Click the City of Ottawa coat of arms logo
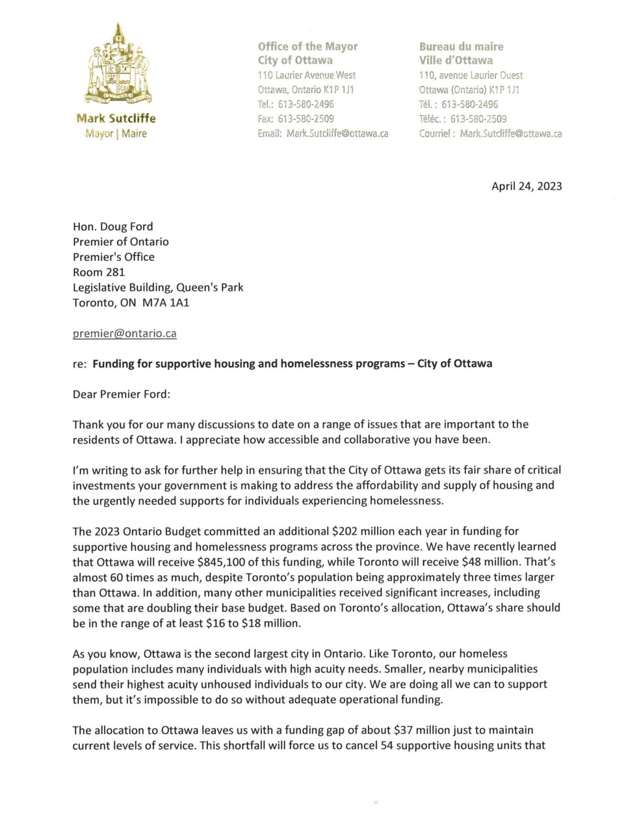click(x=118, y=65)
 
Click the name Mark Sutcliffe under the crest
click(x=116, y=118)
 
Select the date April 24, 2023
click(x=526, y=186)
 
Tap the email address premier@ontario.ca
click(x=125, y=333)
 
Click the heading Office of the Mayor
click(x=307, y=46)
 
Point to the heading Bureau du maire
click(x=461, y=46)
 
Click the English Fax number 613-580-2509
click(x=305, y=119)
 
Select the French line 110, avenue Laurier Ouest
click(x=471, y=75)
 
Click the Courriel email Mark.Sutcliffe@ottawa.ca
click(x=511, y=133)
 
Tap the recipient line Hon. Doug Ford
click(x=113, y=226)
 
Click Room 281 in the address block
click(x=99, y=272)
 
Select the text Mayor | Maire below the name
click(x=116, y=133)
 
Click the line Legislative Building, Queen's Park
click(x=158, y=287)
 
